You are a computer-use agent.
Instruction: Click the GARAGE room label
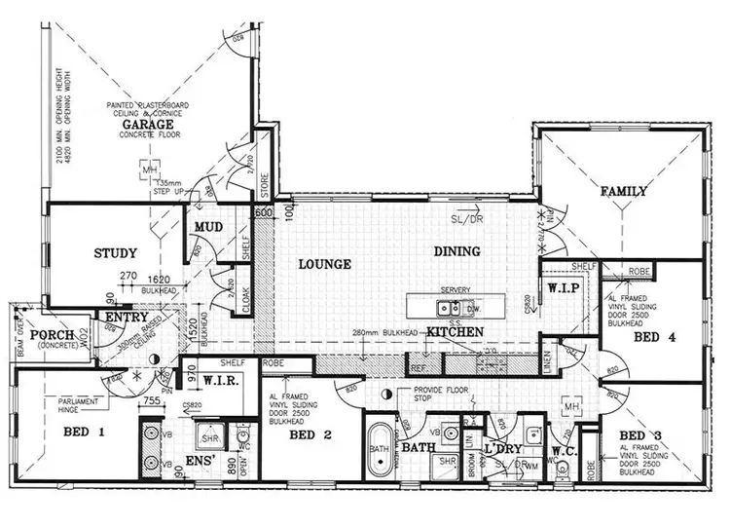point(148,126)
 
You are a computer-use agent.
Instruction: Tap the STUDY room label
point(115,253)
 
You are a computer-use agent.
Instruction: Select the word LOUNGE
point(324,263)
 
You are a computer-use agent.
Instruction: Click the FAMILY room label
point(623,191)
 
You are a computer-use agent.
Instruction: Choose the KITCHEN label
point(456,333)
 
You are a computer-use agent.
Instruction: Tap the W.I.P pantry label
point(565,289)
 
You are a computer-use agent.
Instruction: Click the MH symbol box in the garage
point(150,172)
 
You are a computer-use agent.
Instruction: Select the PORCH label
point(46,336)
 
